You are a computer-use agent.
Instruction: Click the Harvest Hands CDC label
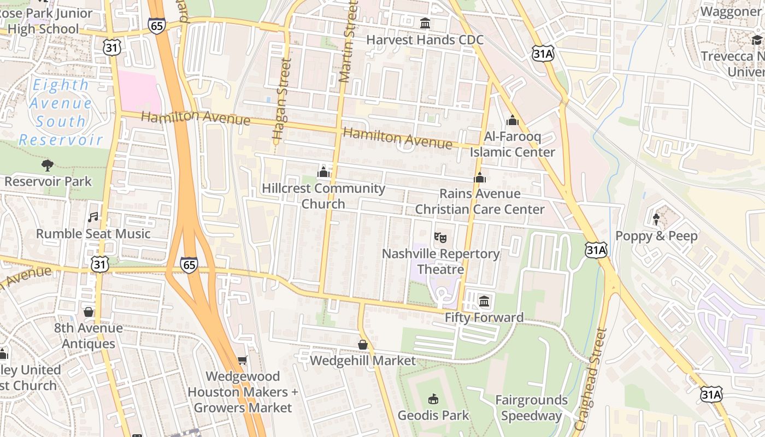coord(425,40)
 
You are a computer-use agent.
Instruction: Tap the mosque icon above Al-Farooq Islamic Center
coord(512,120)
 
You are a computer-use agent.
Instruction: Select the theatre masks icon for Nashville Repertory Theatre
coord(440,238)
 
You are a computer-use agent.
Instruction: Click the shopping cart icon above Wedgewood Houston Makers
coord(243,360)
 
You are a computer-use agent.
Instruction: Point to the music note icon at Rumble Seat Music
coord(93,217)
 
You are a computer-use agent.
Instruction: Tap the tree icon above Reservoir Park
coord(48,165)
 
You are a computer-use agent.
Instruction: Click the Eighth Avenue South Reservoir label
coord(61,112)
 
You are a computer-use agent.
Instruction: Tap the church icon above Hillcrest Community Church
coord(323,173)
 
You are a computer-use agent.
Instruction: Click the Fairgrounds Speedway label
coord(531,408)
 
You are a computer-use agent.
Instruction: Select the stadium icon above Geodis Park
coord(433,399)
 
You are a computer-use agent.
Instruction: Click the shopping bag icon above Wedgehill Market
coord(362,345)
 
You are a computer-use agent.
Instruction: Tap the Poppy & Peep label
coord(656,236)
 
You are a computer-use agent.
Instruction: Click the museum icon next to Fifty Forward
coord(484,301)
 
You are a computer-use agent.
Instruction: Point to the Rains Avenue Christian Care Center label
coord(480,202)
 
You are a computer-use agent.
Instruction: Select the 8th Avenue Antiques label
coord(89,336)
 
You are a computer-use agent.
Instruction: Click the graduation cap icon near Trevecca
coord(757,40)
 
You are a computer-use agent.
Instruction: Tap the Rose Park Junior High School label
coord(46,21)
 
